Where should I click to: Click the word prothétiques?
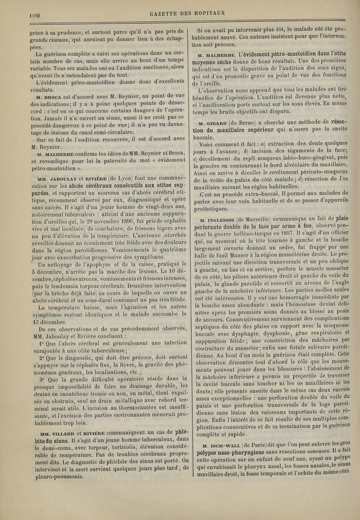pyautogui.click(x=211, y=209)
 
